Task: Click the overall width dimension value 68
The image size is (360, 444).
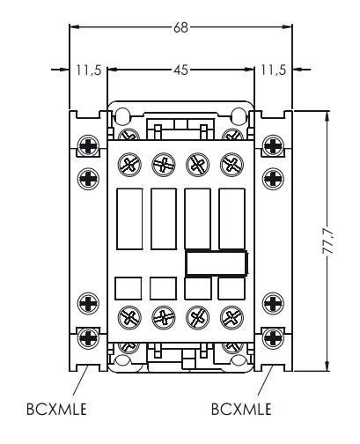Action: (180, 27)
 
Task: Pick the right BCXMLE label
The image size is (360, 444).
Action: (241, 410)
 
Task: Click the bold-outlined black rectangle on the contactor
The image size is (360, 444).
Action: (216, 263)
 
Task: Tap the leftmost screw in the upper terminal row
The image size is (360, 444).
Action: (129, 163)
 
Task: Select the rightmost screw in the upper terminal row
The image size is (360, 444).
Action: (231, 163)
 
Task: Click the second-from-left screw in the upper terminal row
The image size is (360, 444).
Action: (163, 163)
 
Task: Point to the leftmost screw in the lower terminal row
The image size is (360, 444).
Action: (129, 318)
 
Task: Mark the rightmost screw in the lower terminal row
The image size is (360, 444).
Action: (231, 318)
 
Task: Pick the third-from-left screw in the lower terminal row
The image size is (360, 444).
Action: (198, 318)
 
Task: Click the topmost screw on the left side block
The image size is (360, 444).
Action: (89, 145)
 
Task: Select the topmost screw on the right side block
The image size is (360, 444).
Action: (271, 145)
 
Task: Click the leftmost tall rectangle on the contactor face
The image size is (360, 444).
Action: (129, 218)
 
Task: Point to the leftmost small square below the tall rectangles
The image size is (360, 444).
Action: (129, 287)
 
